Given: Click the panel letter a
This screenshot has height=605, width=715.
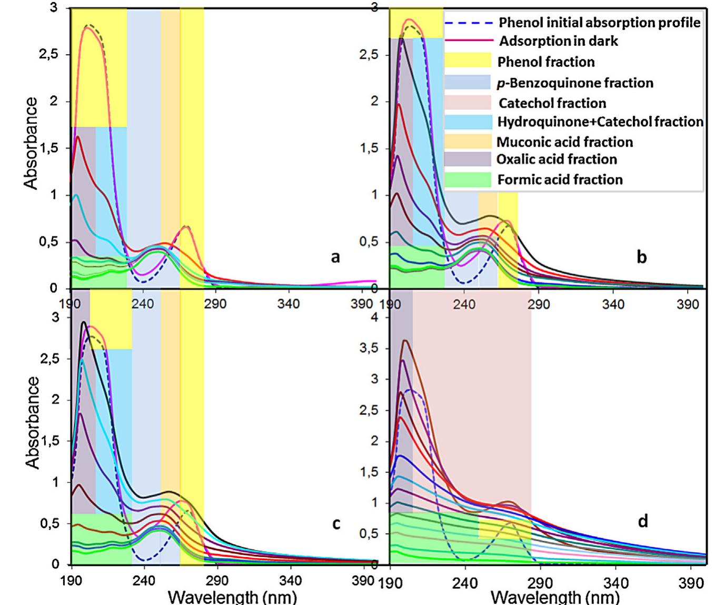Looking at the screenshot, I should point(335,257).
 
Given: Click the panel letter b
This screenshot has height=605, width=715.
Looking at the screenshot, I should point(641,257).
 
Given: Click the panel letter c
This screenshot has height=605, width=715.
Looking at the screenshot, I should point(336,523).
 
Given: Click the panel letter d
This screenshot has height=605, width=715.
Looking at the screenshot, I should point(642,521).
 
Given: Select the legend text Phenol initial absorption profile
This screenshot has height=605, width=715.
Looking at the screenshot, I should point(600,23).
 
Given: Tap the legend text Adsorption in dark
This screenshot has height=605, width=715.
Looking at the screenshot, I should point(558,41).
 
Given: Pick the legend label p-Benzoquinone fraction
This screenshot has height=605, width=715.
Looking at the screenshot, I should point(575,83).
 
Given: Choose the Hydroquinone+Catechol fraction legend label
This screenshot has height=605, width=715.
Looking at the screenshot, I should point(600,122).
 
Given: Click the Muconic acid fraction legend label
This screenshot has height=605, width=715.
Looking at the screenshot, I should point(564,142).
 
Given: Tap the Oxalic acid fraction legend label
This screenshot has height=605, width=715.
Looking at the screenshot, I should point(557,160).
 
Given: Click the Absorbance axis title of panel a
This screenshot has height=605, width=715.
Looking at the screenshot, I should point(31,143).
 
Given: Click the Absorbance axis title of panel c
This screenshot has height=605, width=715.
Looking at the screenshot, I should point(33,422).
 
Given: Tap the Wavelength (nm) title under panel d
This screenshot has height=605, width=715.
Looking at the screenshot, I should point(555,598).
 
